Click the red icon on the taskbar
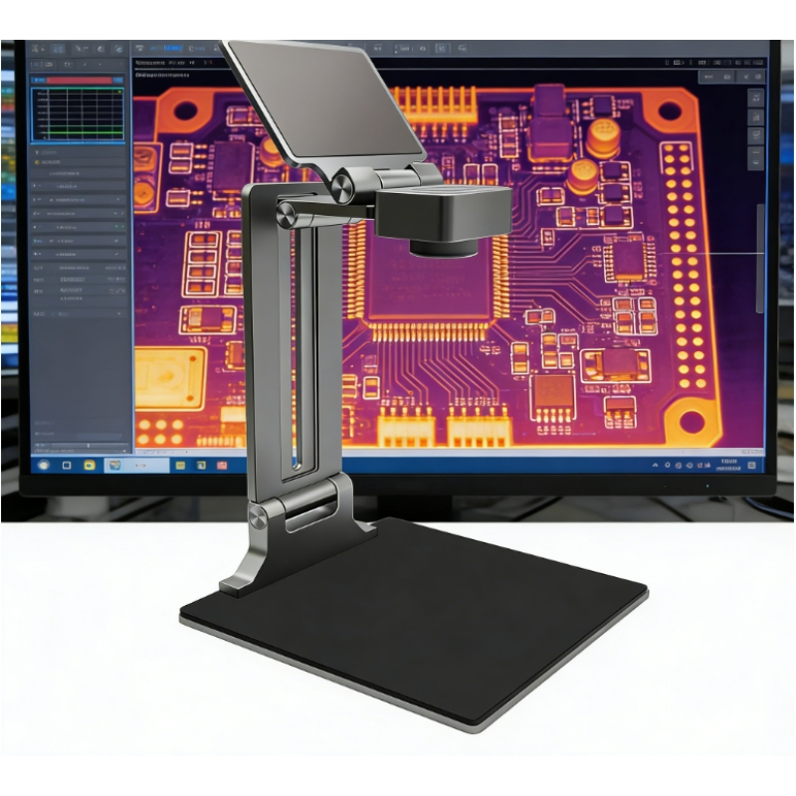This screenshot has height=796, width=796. [x=222, y=465]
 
